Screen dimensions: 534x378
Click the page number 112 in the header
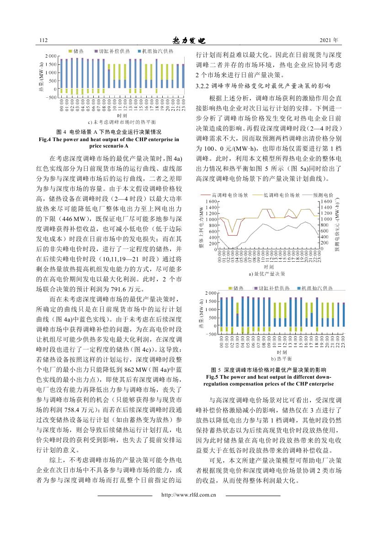(x=44, y=41)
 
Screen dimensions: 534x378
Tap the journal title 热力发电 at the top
(x=188, y=41)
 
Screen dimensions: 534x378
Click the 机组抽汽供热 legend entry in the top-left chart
(x=154, y=51)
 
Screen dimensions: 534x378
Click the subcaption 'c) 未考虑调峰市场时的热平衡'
(x=122, y=122)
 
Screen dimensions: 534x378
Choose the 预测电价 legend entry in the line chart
(x=319, y=195)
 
